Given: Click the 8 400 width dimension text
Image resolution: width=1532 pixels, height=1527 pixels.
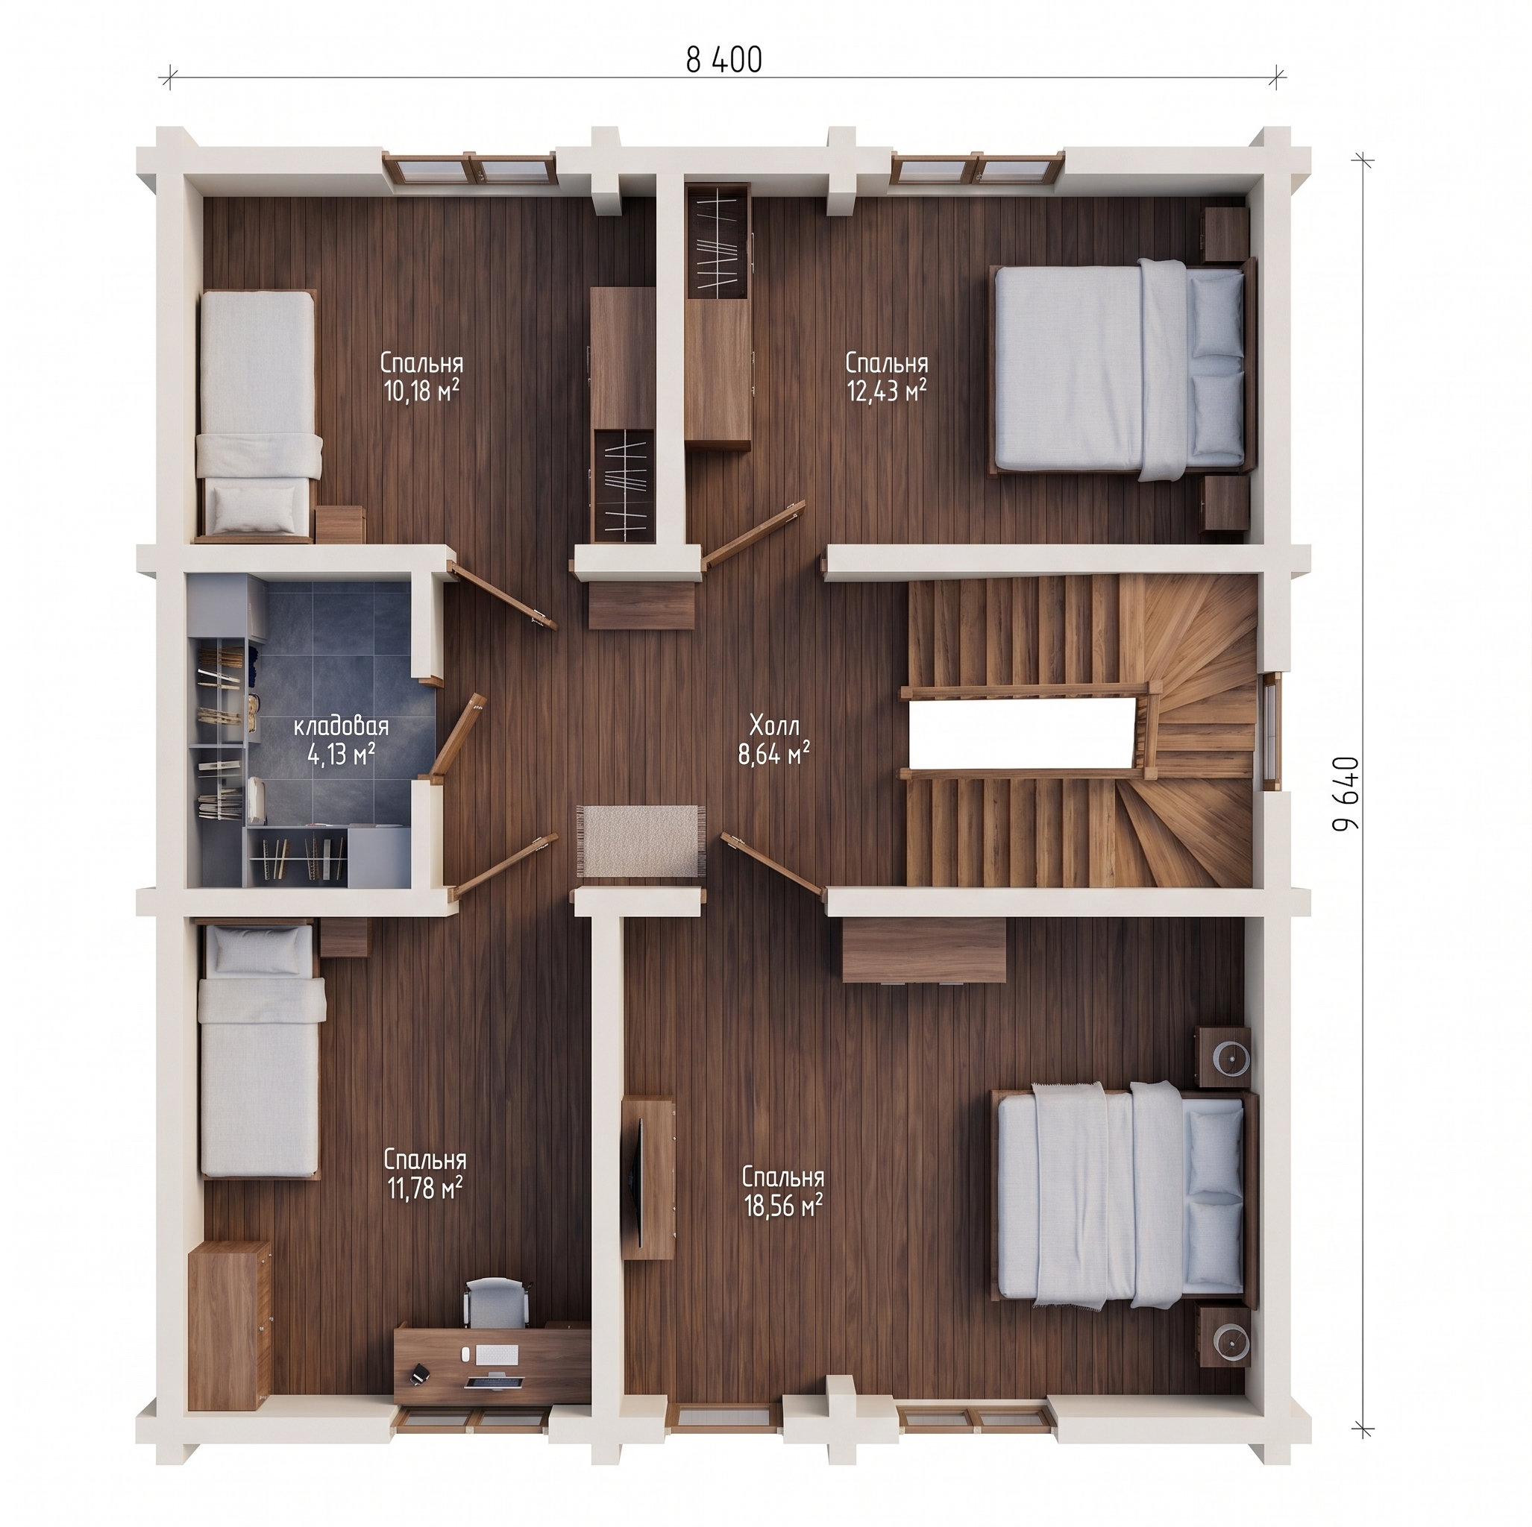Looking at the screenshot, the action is pyautogui.click(x=723, y=60).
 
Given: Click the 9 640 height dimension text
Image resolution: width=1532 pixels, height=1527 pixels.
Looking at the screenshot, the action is pyautogui.click(x=1346, y=804).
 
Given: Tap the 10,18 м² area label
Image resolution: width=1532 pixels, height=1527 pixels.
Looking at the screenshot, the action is pyautogui.click(x=422, y=391).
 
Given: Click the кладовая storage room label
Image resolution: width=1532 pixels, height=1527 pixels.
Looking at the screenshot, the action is pyautogui.click(x=341, y=726).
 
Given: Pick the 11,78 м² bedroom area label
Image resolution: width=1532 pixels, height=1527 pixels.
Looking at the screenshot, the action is pyautogui.click(x=424, y=1187).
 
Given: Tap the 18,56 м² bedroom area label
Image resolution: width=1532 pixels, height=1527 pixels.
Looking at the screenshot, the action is pyautogui.click(x=782, y=1205).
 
